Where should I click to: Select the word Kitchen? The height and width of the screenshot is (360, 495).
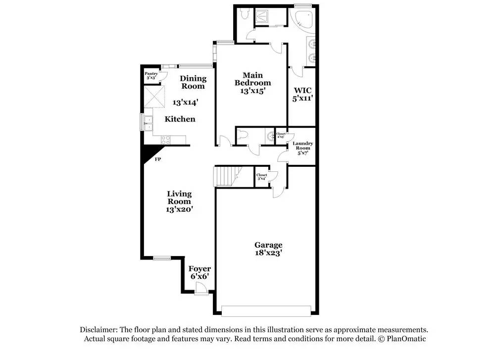click(x=180, y=119)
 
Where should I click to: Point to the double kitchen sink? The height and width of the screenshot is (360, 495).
click(x=148, y=121)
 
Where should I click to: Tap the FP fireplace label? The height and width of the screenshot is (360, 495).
click(x=158, y=159)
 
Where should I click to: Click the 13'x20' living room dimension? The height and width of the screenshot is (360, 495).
click(x=179, y=209)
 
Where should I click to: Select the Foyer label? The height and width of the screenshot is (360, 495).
click(x=199, y=269)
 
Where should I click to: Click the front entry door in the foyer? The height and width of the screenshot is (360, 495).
click(x=200, y=292)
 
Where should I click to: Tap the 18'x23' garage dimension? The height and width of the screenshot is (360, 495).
click(x=268, y=253)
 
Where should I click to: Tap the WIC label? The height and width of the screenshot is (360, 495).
click(x=302, y=91)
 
